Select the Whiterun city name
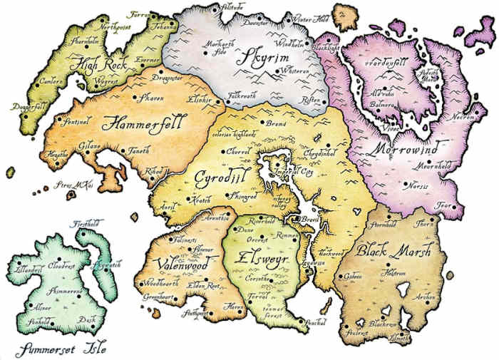(x=297, y=72)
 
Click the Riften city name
(x=313, y=101)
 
